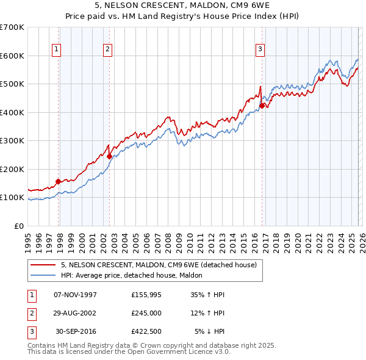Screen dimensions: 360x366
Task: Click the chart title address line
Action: click(x=182, y=7)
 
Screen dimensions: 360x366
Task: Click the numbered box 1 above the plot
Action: click(x=56, y=49)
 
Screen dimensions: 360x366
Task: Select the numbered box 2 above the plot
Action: click(x=107, y=49)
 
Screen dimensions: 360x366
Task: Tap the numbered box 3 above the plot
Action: click(x=260, y=49)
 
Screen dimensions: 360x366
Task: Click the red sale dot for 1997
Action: click(x=59, y=181)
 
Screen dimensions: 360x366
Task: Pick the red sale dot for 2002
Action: click(x=110, y=156)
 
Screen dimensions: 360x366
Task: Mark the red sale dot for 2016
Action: click(x=262, y=106)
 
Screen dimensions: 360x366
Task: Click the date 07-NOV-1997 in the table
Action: click(x=75, y=295)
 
